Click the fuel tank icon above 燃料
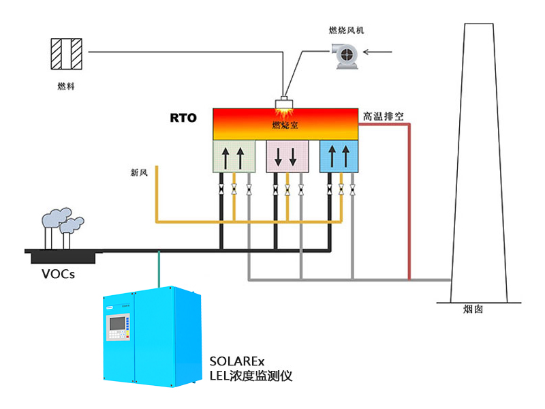pos(67,53)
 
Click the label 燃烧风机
pos(347,30)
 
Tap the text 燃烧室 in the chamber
pos(285,125)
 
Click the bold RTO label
pos(183,118)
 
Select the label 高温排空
pos(383,117)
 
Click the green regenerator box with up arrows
pos(234,156)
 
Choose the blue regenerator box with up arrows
pos(339,156)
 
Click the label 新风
pos(139,172)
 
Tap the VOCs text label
pos(58,275)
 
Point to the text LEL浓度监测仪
pos(251,376)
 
